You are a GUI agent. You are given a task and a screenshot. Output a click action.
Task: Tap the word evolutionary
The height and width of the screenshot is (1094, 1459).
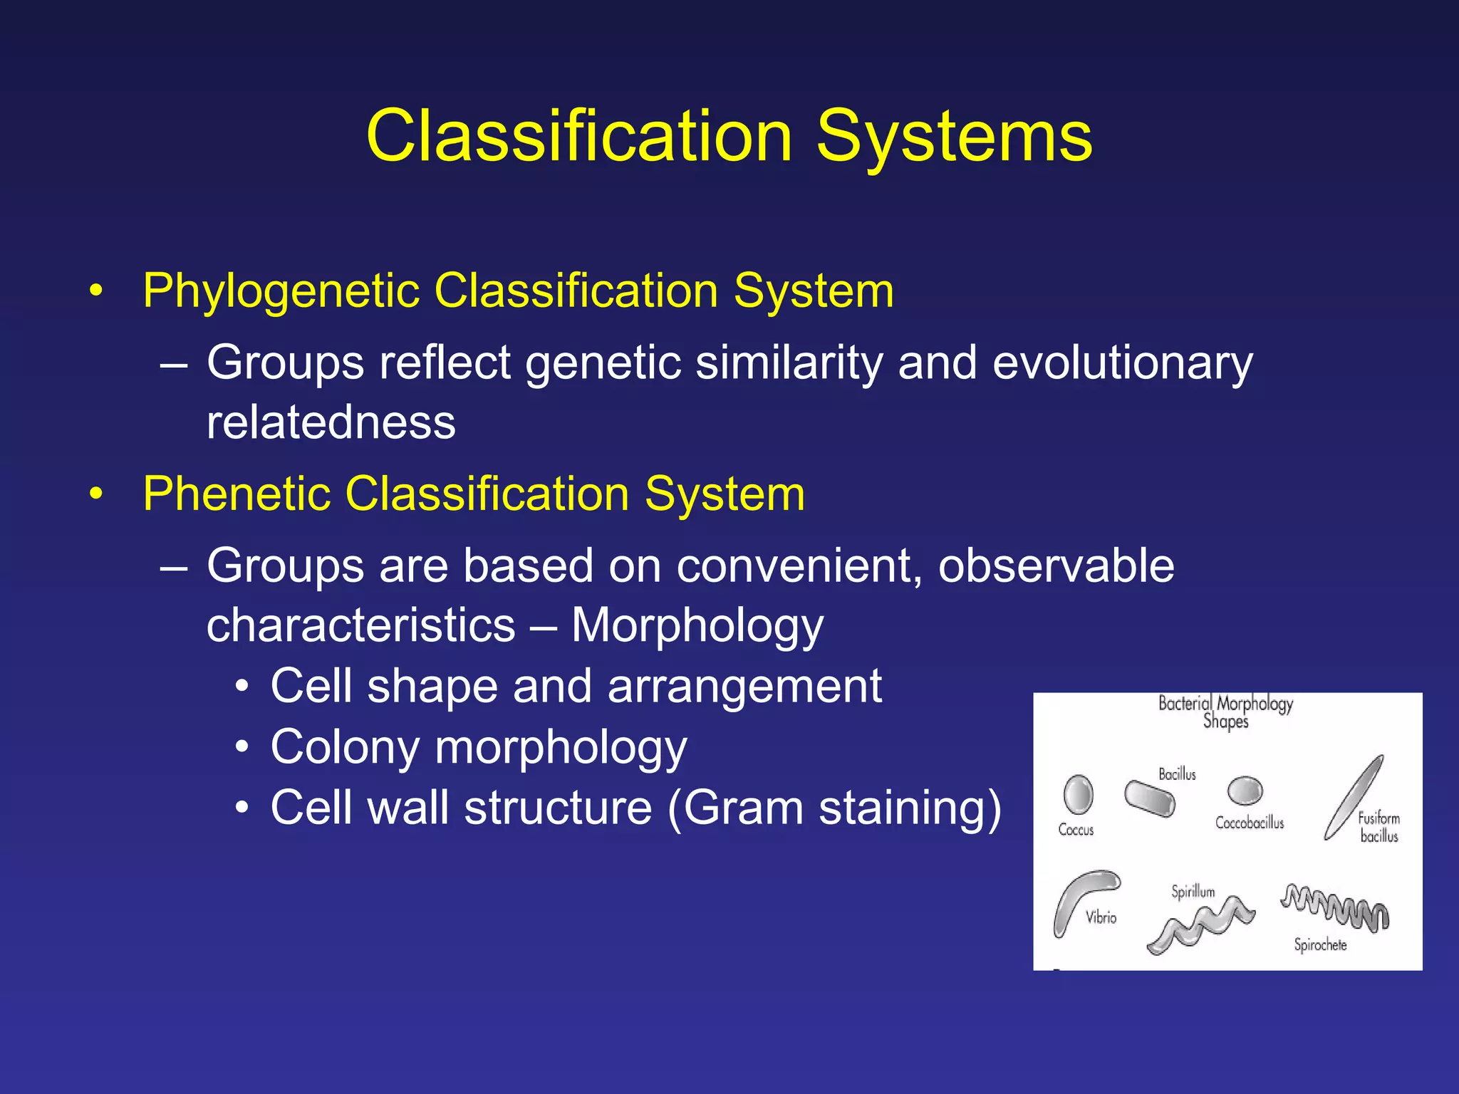[1122, 363]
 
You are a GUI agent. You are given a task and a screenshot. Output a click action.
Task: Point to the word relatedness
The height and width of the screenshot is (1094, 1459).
[331, 423]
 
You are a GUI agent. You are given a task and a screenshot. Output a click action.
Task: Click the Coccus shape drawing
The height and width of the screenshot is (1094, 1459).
[1078, 794]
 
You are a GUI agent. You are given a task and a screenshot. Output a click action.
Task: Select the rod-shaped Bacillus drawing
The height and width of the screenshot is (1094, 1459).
[1149, 799]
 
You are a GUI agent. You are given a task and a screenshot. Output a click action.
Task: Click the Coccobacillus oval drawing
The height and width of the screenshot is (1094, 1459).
[1245, 791]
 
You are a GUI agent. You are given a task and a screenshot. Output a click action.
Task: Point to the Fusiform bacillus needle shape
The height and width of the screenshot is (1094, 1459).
[1354, 798]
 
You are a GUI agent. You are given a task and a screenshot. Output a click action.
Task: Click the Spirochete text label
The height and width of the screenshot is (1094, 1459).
[1320, 945]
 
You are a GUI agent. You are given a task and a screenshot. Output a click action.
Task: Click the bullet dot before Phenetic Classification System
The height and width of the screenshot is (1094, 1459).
[96, 494]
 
